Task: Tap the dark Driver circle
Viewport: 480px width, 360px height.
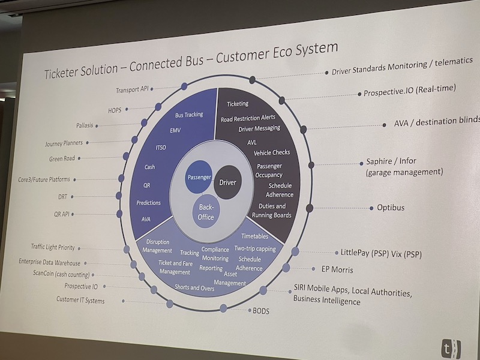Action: click(228, 181)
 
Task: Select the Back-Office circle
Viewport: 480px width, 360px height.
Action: click(205, 212)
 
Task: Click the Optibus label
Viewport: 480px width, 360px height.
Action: click(390, 208)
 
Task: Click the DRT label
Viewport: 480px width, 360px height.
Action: click(63, 196)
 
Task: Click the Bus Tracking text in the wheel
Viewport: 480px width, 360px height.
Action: click(189, 114)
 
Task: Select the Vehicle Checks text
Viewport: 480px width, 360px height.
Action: click(272, 153)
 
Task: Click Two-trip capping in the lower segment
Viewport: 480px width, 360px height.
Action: click(255, 248)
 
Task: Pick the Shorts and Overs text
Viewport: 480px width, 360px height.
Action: click(196, 287)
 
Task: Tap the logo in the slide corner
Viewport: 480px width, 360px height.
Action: click(448, 347)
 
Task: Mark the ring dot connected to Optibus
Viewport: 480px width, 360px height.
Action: click(310, 208)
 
